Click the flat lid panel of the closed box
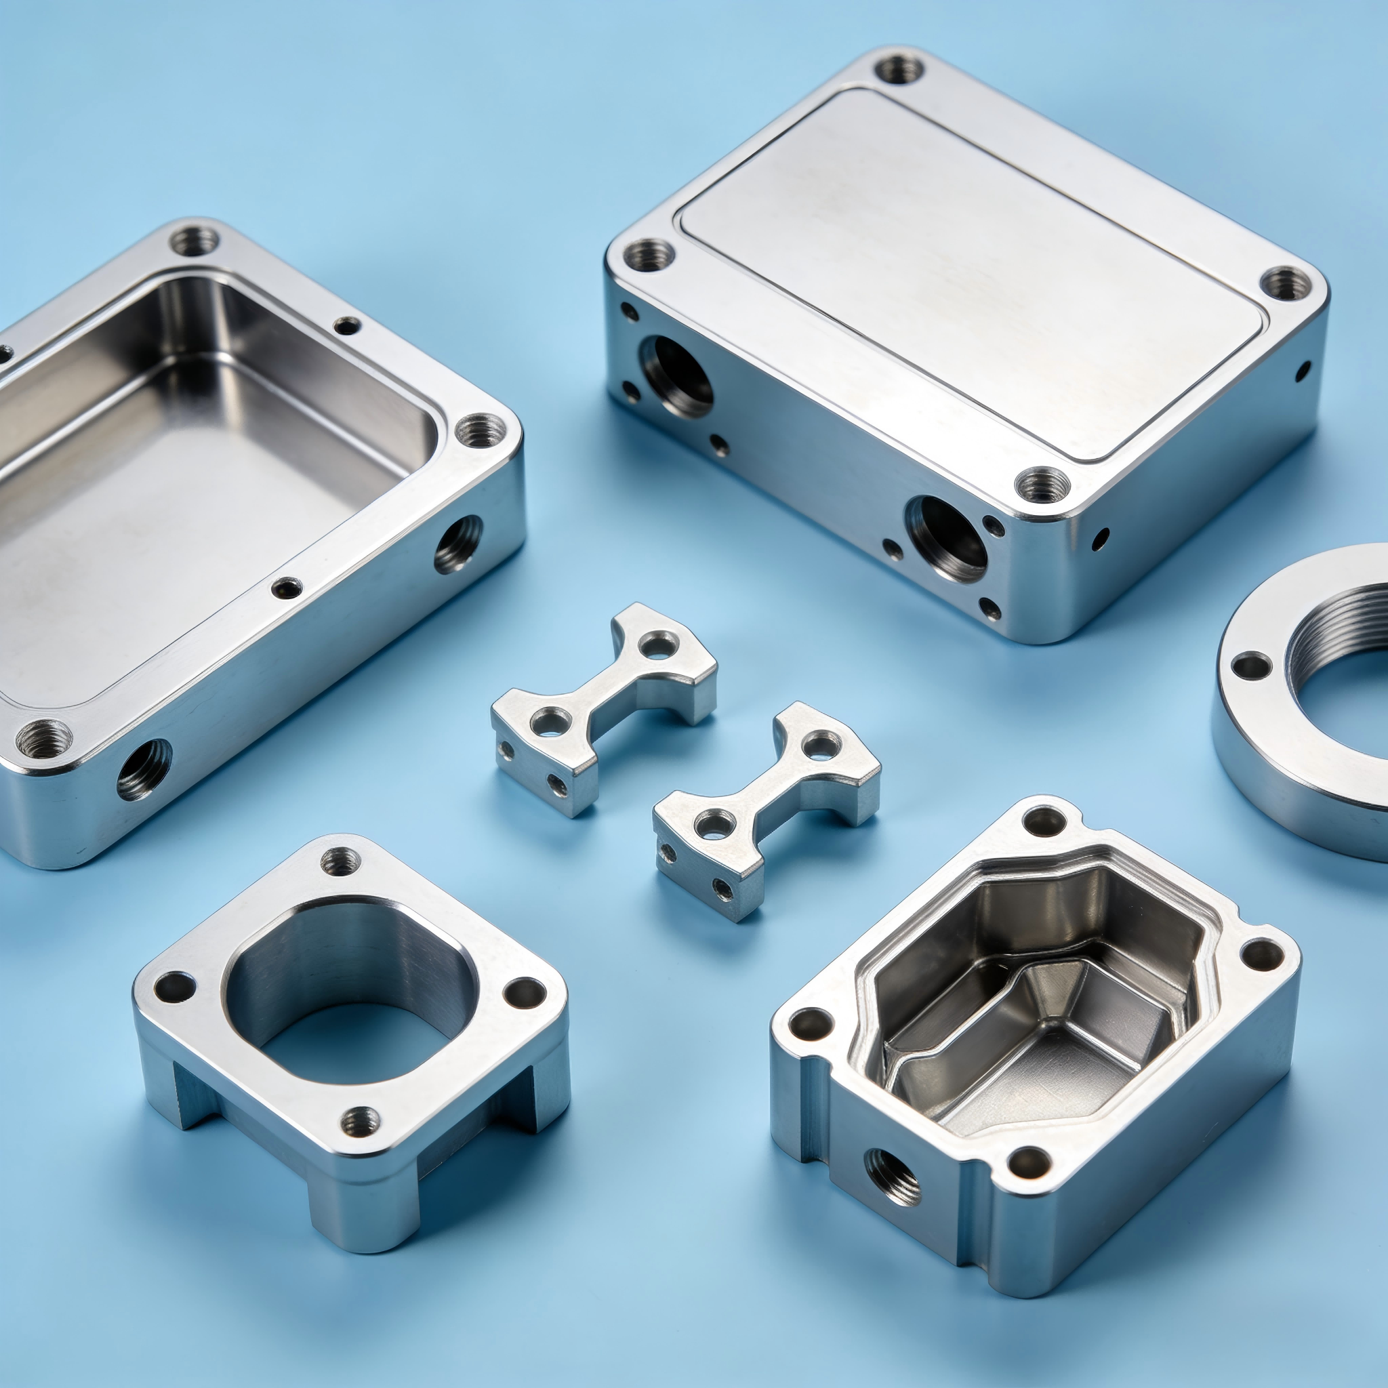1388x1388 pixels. click(x=962, y=273)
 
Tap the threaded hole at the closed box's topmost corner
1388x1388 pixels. click(x=899, y=70)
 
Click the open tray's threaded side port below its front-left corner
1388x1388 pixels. click(x=144, y=769)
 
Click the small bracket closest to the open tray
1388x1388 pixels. click(x=603, y=708)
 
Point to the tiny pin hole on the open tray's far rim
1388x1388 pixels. click(x=348, y=327)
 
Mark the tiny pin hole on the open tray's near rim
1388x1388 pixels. click(x=287, y=588)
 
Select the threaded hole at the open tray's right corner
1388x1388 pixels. click(x=482, y=431)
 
